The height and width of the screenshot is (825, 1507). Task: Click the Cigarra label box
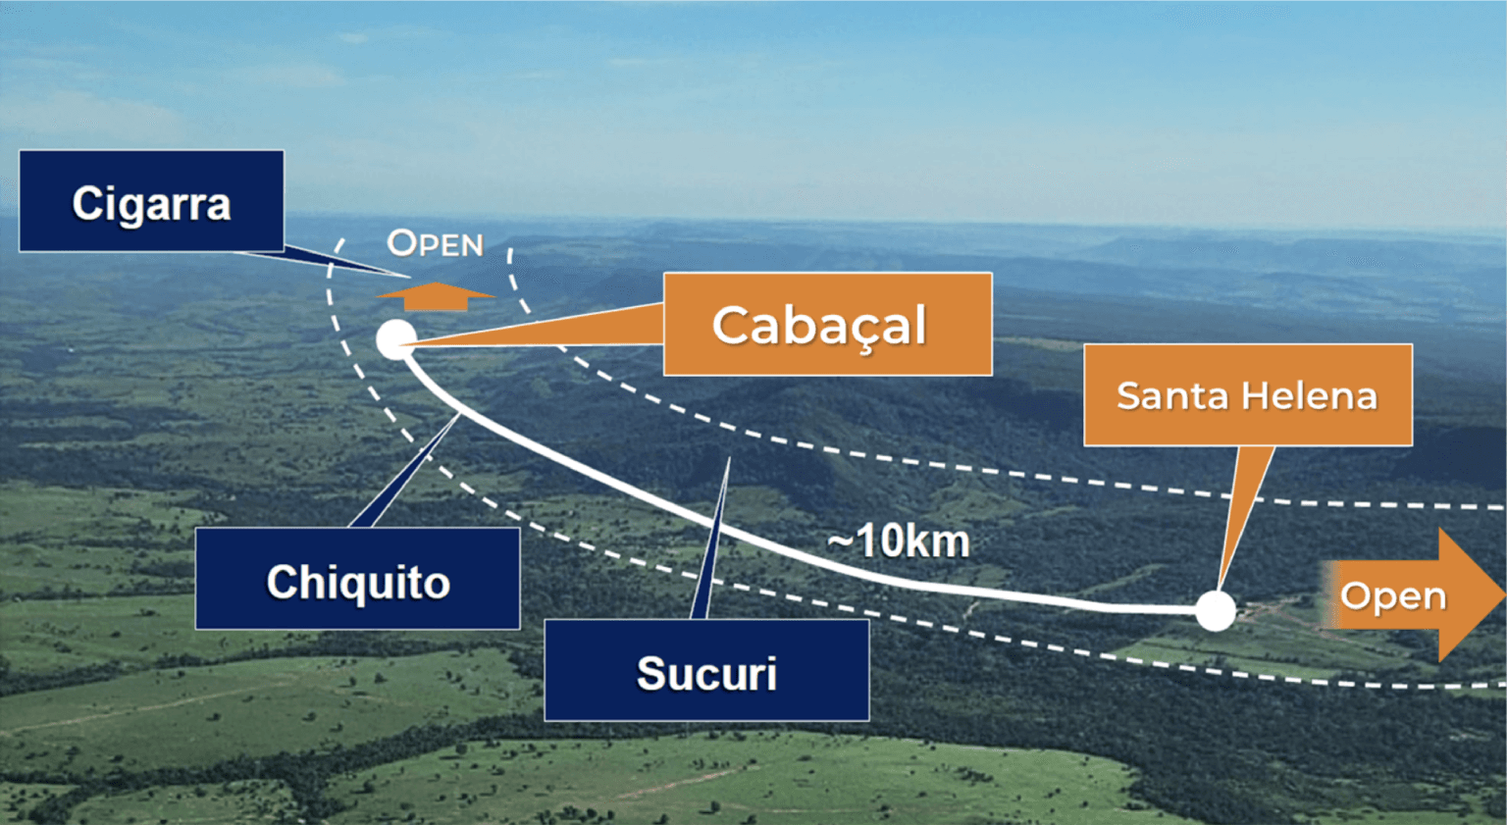tap(151, 201)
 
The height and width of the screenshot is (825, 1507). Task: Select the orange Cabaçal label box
tap(827, 324)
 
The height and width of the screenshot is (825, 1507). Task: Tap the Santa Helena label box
tap(1247, 394)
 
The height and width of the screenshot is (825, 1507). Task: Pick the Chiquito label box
tap(357, 579)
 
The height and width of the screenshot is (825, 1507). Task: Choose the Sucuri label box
tap(706, 670)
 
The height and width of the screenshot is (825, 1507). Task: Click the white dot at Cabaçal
tap(395, 339)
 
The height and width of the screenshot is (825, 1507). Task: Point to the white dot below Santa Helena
tap(1216, 610)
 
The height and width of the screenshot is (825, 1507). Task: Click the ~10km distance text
tap(899, 541)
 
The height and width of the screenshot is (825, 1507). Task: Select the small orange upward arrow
tap(436, 295)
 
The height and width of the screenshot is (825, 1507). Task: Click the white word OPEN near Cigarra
tap(435, 243)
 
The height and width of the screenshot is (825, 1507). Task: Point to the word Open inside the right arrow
tap(1393, 595)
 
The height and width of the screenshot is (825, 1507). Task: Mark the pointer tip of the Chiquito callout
tap(459, 416)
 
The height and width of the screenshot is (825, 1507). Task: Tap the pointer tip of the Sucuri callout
tap(729, 459)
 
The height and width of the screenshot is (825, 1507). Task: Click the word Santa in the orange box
tap(1172, 395)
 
